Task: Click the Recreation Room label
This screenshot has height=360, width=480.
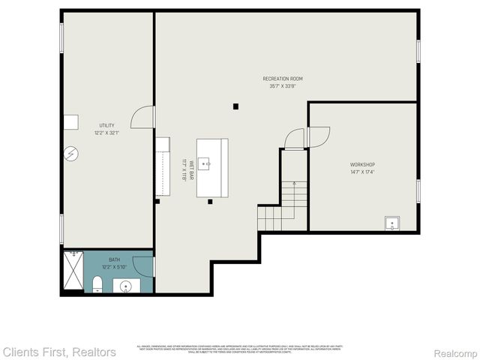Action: pos(283,79)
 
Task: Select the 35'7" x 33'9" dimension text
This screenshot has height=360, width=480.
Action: pos(283,86)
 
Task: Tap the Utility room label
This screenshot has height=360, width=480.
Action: pos(107,125)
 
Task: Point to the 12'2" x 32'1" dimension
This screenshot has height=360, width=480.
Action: pos(107,133)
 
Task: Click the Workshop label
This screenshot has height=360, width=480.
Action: pos(362,164)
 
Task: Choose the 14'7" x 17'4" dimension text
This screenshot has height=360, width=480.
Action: pos(362,172)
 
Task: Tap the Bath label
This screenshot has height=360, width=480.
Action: pos(114,259)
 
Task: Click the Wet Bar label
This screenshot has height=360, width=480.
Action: pos(192,168)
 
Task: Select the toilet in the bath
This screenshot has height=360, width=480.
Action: pos(97,283)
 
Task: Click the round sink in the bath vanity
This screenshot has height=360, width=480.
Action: pos(125,286)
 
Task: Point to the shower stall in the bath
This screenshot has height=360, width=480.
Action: pos(73,271)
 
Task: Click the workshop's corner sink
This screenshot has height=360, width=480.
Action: pos(391,223)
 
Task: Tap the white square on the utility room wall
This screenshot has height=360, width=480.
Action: pos(71,122)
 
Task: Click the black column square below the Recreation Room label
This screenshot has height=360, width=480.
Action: pos(235,106)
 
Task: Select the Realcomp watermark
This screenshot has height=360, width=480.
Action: pos(453,352)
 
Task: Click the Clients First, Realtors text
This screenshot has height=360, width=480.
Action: pos(59,352)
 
